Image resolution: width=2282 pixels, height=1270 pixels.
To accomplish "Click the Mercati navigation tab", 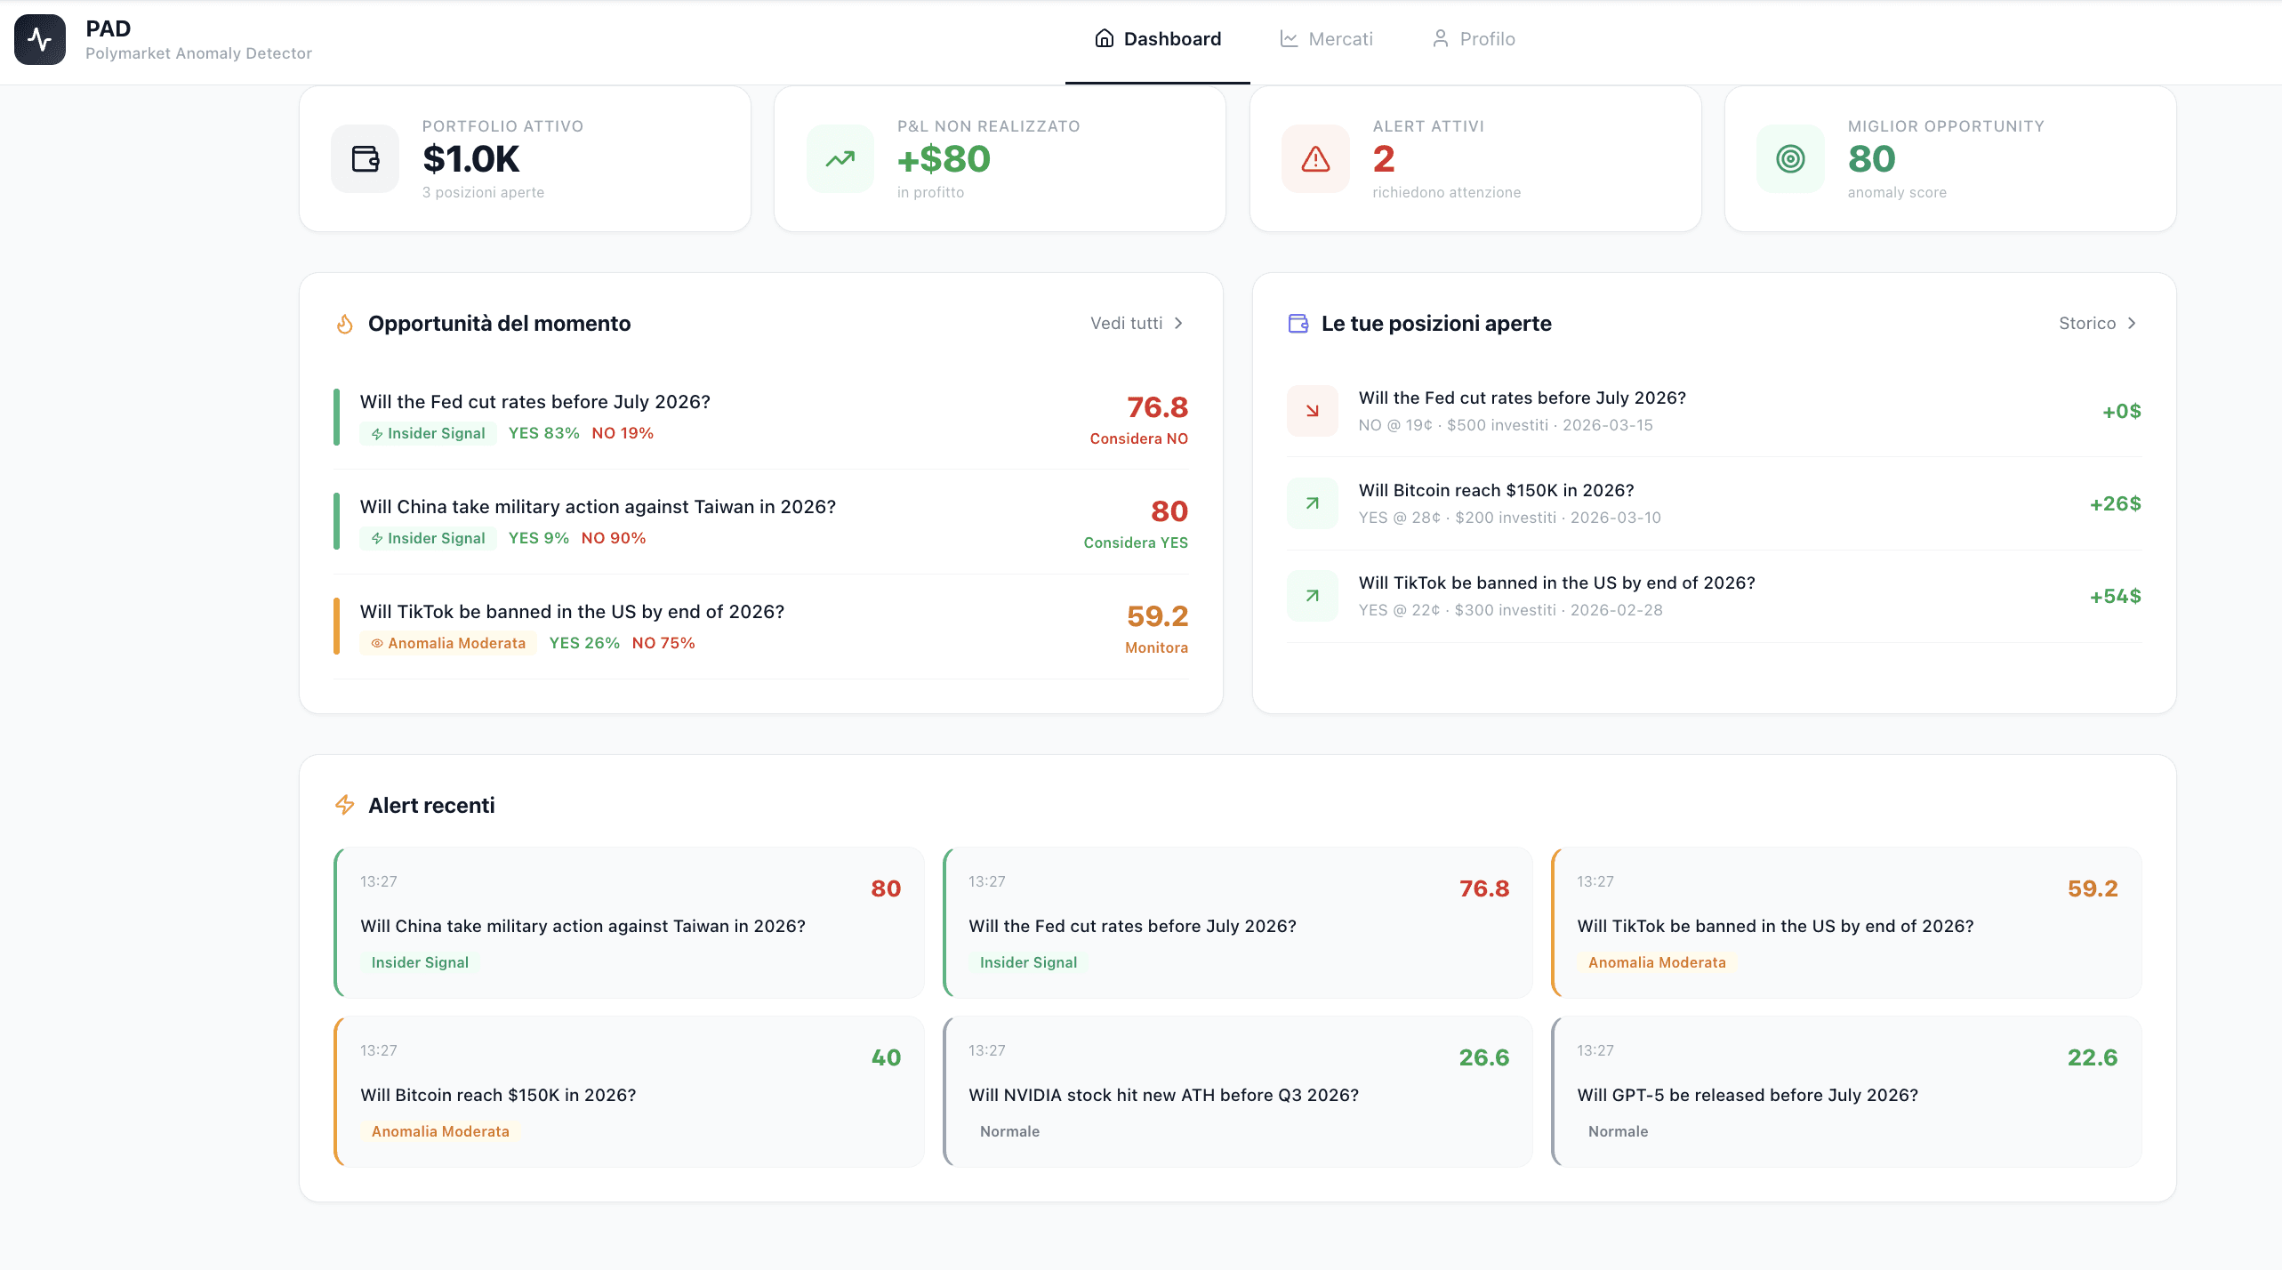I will click(1327, 39).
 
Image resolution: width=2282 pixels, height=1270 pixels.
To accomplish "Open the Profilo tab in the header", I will click(1474, 39).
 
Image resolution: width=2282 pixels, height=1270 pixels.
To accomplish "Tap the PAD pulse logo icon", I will click(40, 39).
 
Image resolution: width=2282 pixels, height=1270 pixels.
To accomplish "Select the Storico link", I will click(2096, 323).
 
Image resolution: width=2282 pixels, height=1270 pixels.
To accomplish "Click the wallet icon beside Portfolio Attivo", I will click(366, 159).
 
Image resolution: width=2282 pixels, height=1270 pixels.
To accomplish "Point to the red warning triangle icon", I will click(1315, 159).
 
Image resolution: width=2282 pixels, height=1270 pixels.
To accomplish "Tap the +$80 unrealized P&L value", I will click(944, 159).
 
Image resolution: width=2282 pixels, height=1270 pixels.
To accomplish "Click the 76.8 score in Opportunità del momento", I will click(1157, 407).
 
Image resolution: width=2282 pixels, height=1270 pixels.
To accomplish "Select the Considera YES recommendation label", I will click(1136, 543).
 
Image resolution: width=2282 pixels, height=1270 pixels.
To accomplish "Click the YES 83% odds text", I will click(543, 433).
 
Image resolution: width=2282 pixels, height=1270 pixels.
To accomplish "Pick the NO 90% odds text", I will click(614, 538).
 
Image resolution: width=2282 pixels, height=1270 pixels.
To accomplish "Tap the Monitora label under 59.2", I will click(1156, 647).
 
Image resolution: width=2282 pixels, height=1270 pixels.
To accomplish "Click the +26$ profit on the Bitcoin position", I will click(2115, 504).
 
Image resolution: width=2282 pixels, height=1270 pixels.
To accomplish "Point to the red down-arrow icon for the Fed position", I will click(1312, 411).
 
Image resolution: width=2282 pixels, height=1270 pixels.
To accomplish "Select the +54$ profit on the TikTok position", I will click(2115, 597).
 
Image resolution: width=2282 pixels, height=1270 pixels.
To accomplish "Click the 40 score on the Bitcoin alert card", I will click(886, 1057).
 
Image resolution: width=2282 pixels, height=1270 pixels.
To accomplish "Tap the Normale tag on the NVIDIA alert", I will click(1009, 1131).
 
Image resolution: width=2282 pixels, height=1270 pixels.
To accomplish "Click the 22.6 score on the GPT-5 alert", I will click(2092, 1057).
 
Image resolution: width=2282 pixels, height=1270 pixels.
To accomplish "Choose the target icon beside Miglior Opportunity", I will click(1790, 159).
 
